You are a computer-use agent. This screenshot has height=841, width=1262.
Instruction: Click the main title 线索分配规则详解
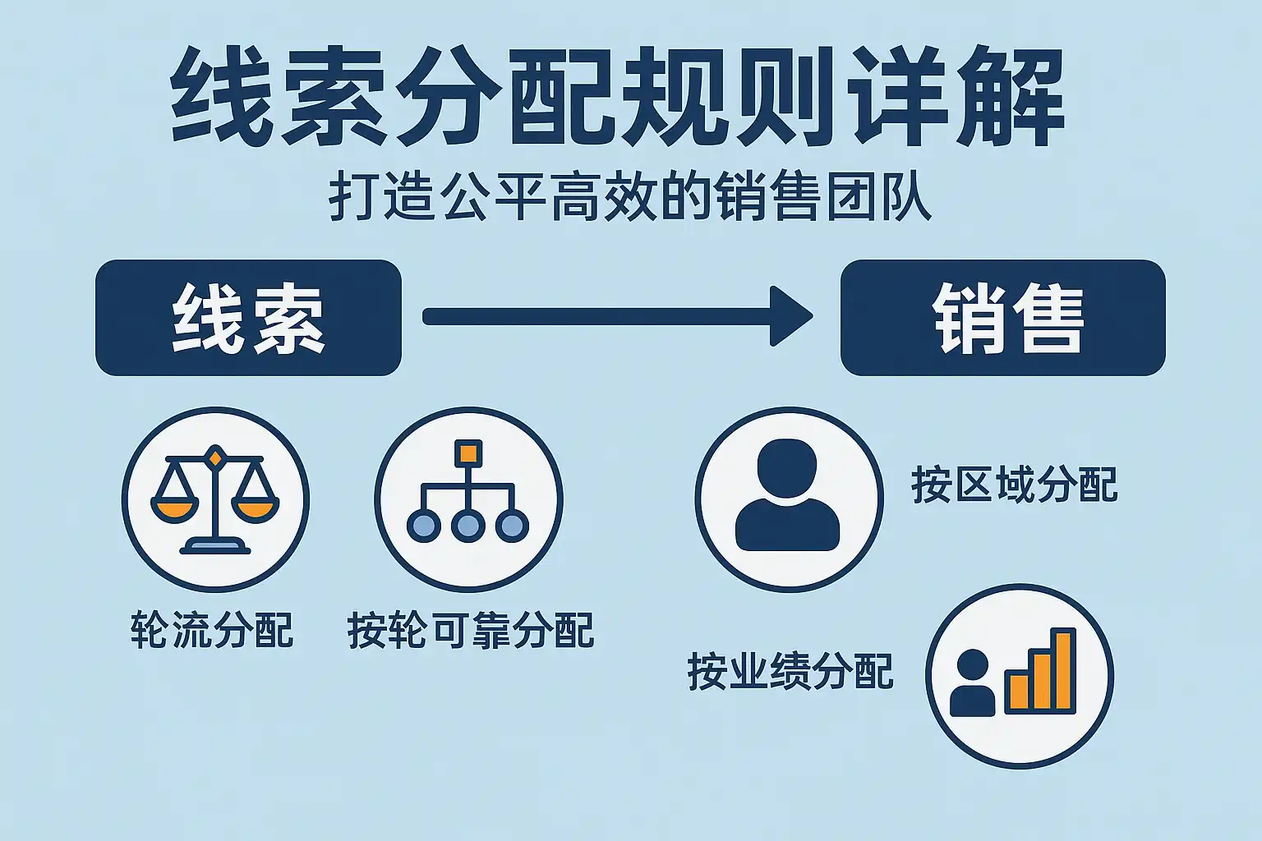click(617, 96)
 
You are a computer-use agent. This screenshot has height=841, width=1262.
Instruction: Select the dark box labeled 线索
click(248, 318)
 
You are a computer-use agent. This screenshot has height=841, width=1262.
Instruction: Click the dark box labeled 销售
click(1003, 318)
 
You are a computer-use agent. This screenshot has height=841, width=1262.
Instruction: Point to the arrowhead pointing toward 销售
click(789, 316)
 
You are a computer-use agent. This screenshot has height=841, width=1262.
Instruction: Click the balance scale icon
click(215, 499)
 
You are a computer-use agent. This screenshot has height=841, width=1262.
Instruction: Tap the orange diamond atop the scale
click(214, 457)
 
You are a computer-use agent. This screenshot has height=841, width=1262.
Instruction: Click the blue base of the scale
click(215, 546)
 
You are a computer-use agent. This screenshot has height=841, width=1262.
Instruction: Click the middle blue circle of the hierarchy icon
click(468, 526)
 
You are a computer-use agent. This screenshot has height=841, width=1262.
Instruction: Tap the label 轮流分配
click(212, 629)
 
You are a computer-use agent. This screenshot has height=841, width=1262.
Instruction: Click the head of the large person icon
click(787, 467)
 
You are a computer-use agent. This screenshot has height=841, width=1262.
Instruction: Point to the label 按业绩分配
click(790, 672)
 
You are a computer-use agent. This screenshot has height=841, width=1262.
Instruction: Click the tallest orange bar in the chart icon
click(1063, 670)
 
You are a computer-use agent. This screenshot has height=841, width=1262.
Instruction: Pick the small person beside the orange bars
click(972, 682)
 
